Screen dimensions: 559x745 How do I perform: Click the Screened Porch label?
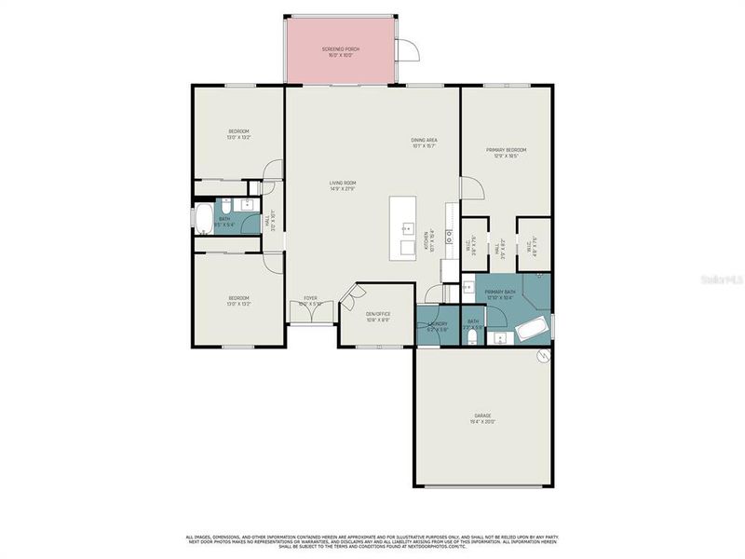(341, 51)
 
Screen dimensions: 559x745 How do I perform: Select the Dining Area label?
(425, 143)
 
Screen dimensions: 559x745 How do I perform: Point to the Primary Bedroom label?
(506, 153)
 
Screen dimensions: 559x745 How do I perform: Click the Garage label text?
(482, 418)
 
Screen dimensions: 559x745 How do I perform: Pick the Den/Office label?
(376, 316)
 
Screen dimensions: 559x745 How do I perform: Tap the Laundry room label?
(438, 326)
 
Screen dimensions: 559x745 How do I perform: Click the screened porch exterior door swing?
(408, 50)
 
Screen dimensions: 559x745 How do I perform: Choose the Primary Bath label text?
(500, 294)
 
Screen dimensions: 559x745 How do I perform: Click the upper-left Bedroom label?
(239, 133)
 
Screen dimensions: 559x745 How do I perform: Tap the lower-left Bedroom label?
(239, 301)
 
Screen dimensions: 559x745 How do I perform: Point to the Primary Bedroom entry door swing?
(472, 186)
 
